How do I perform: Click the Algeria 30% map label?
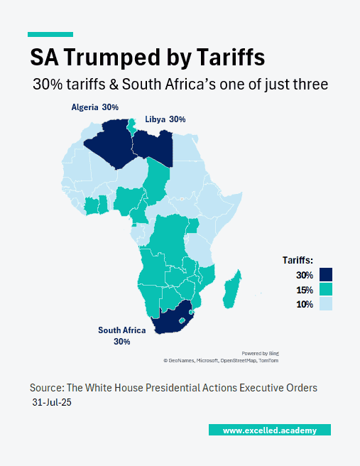(x=94, y=107)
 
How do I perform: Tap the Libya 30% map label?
(x=165, y=119)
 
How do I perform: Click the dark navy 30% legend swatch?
(x=326, y=275)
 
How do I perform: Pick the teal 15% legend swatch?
(x=326, y=290)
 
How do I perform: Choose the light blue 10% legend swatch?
(x=326, y=304)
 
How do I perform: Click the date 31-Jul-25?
(x=52, y=402)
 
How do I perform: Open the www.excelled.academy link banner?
(x=269, y=430)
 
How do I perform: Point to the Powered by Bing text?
(x=259, y=353)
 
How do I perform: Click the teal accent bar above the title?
(x=50, y=34)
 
